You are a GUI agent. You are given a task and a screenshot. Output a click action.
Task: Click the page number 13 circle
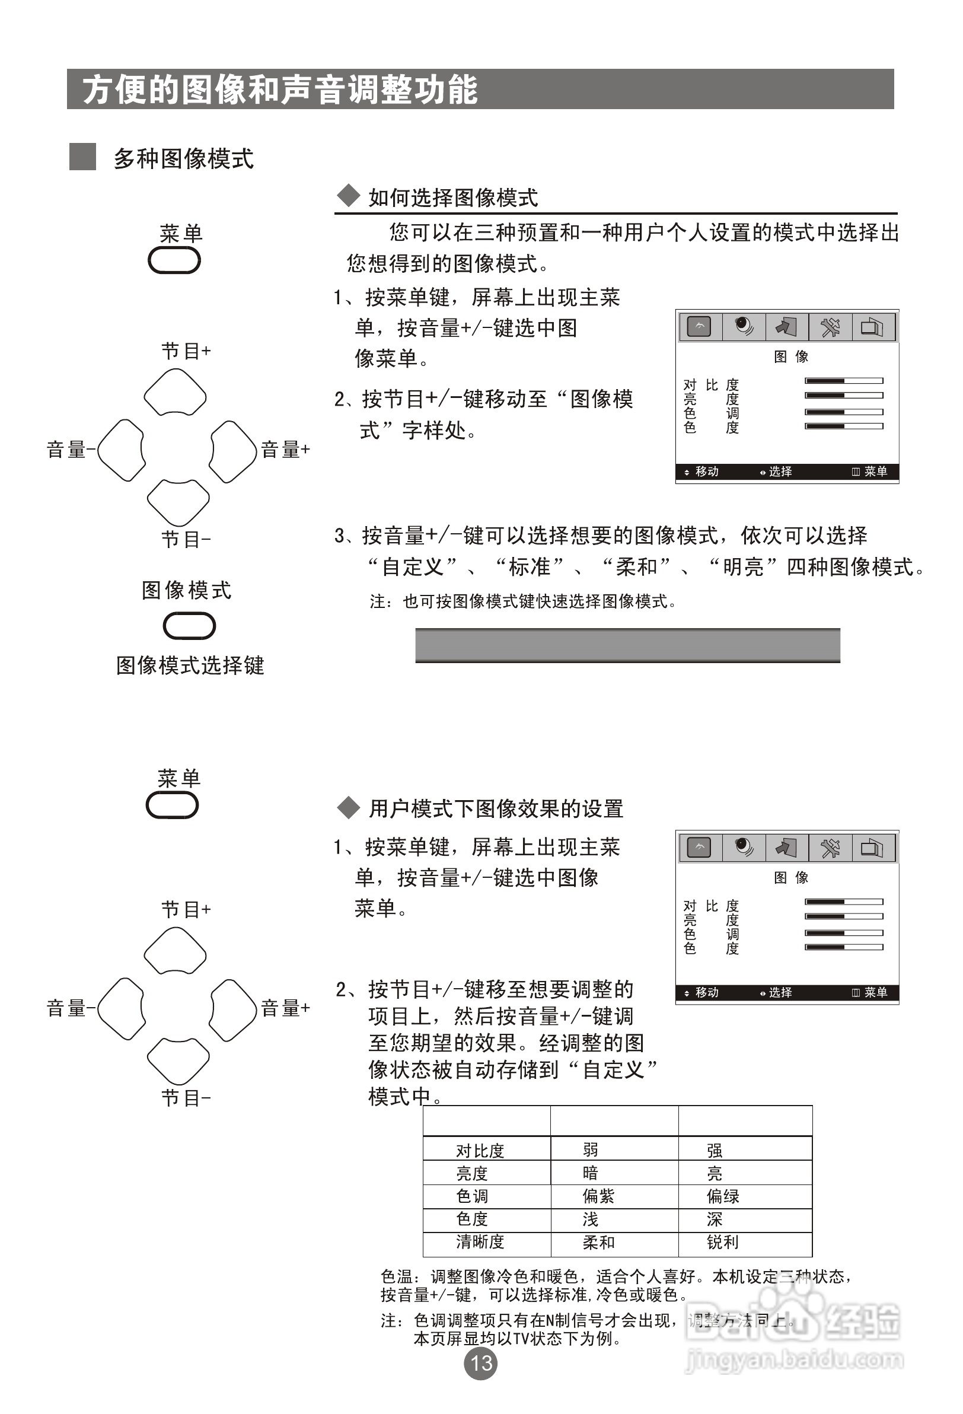(x=480, y=1363)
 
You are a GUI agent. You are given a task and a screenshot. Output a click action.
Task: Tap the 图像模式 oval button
(x=189, y=626)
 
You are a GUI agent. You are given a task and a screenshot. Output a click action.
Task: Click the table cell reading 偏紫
(x=598, y=1196)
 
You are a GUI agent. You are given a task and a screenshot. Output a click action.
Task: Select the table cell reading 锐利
(x=723, y=1242)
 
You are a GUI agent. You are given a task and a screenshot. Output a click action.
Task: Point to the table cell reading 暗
(x=590, y=1173)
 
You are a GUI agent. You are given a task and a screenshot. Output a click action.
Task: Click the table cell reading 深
(x=714, y=1219)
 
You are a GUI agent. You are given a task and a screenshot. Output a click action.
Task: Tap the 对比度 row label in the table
(x=480, y=1150)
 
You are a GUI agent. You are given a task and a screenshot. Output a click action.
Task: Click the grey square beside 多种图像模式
(x=83, y=157)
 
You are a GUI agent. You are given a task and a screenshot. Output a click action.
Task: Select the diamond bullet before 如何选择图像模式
(x=349, y=196)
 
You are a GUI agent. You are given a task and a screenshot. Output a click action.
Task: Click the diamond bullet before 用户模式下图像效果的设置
(x=349, y=807)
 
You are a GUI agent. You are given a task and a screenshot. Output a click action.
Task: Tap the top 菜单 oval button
(x=174, y=262)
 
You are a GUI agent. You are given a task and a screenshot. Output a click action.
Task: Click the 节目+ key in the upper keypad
(x=175, y=393)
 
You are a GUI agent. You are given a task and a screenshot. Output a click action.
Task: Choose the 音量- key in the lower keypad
(x=121, y=1009)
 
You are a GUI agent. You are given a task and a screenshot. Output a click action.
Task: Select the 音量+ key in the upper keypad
(x=233, y=451)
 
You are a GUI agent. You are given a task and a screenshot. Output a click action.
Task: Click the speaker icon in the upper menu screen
(x=744, y=327)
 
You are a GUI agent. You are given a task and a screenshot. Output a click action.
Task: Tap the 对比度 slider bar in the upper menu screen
(x=844, y=381)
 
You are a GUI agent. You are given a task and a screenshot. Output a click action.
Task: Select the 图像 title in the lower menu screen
(x=791, y=877)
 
